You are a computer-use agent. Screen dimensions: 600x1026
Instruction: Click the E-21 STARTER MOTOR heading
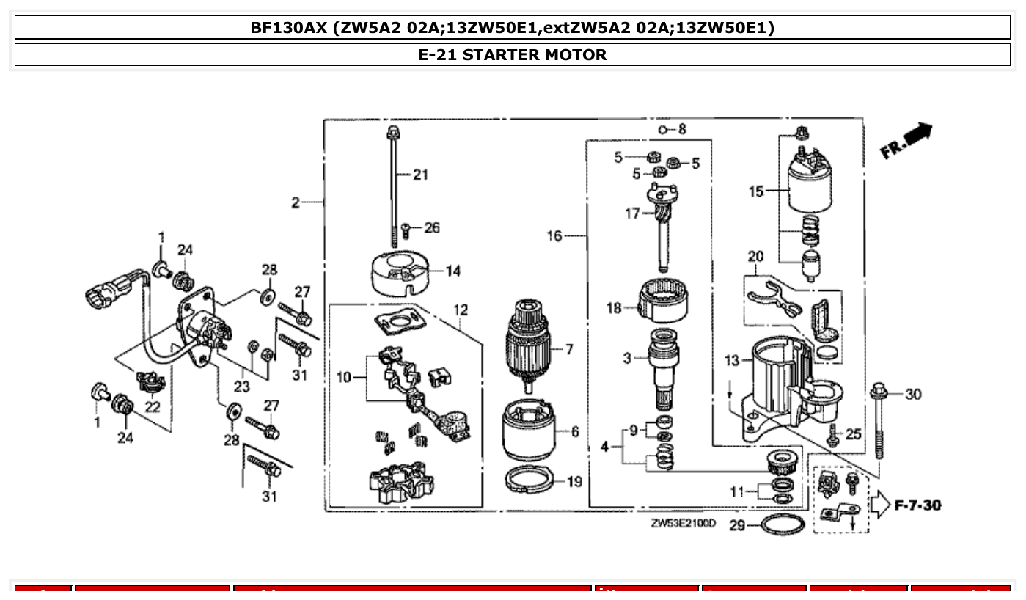(513, 55)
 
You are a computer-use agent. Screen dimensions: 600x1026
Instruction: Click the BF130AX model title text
(513, 28)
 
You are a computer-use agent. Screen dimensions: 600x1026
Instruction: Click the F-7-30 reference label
(917, 505)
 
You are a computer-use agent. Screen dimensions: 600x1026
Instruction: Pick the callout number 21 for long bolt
(419, 175)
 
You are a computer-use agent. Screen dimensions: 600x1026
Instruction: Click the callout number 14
(452, 271)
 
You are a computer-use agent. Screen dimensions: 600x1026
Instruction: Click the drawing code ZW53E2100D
(683, 524)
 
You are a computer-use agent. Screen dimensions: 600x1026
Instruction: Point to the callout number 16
(554, 236)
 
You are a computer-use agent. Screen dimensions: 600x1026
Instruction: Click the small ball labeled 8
(662, 130)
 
